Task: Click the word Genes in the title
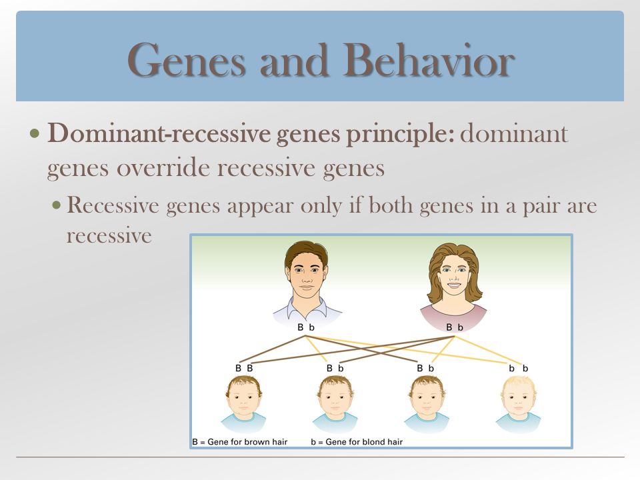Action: click(x=187, y=61)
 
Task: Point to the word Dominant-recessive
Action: click(x=159, y=133)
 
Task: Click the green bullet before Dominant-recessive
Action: click(x=35, y=133)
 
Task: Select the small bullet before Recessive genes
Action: click(x=57, y=204)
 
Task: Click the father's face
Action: click(x=306, y=273)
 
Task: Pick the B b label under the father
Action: click(x=306, y=327)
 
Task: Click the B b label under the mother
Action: click(x=455, y=327)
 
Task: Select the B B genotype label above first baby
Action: click(x=244, y=368)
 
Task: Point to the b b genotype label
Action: click(x=519, y=369)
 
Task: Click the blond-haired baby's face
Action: click(x=518, y=400)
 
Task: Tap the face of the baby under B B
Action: click(x=244, y=400)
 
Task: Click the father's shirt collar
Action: click(x=306, y=307)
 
